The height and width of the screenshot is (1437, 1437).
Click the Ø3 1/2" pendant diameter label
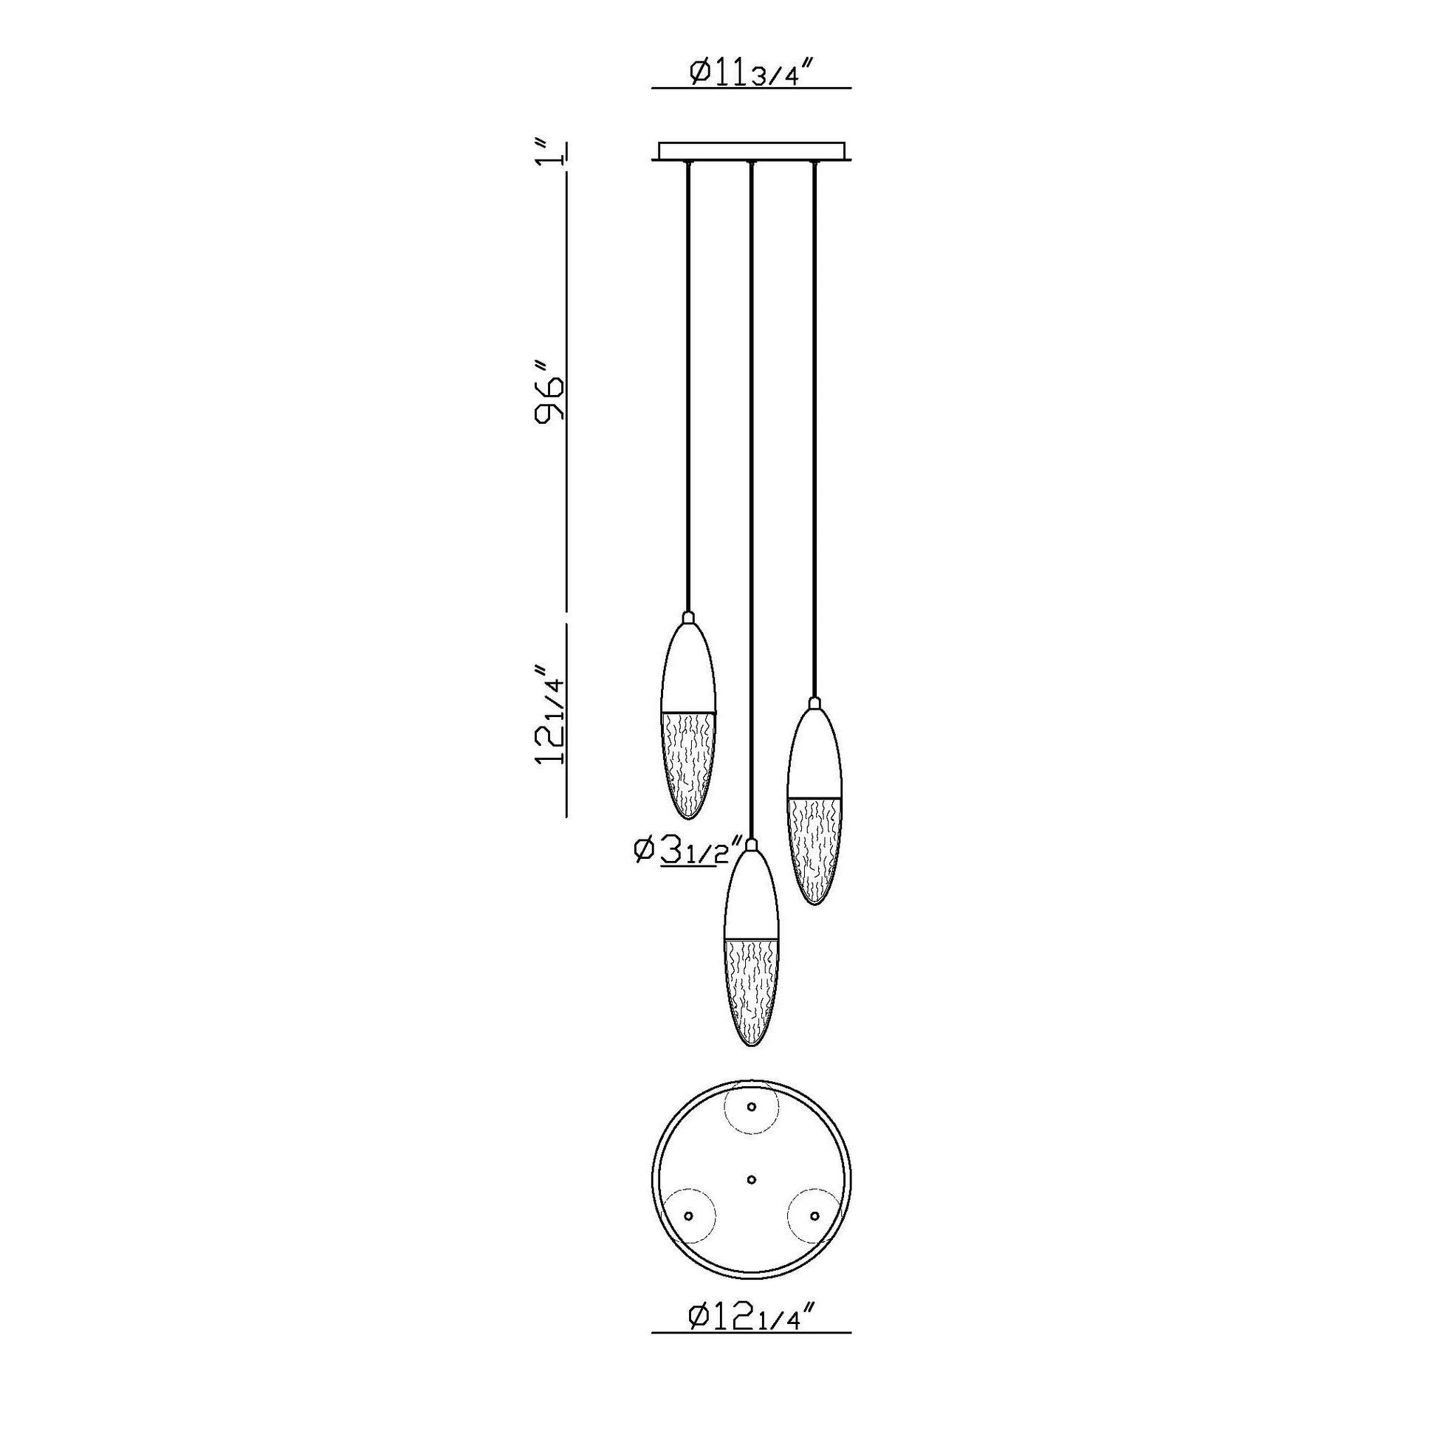[x=688, y=850]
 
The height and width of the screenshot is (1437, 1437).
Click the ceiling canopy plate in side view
[x=751, y=151]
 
